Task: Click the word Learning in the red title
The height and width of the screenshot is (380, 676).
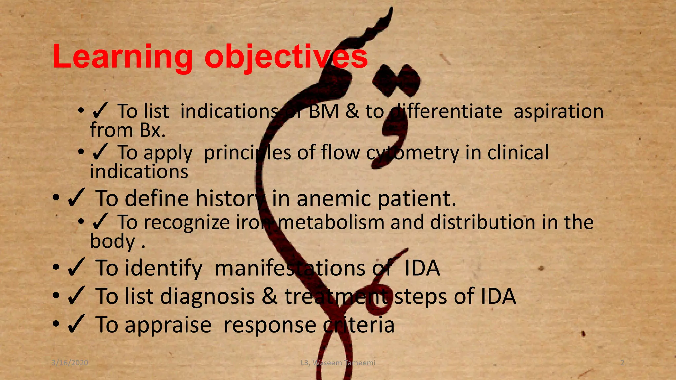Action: pyautogui.click(x=122, y=57)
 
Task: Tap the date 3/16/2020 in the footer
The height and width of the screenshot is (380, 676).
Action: pyautogui.click(x=70, y=363)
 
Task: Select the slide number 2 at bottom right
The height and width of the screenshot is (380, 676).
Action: pyautogui.click(x=622, y=363)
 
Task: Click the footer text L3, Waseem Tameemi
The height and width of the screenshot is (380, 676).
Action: pyautogui.click(x=338, y=363)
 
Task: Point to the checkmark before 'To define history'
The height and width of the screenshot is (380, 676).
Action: pyautogui.click(x=77, y=198)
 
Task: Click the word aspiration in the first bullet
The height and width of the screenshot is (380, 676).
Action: pyautogui.click(x=558, y=111)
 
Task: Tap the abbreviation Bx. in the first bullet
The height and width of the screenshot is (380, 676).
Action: pyautogui.click(x=152, y=130)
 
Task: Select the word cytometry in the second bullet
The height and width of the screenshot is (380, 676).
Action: pyautogui.click(x=413, y=153)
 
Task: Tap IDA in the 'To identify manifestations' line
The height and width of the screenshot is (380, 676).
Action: pyautogui.click(x=422, y=268)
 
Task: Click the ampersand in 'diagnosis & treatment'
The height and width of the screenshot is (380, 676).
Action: pyautogui.click(x=270, y=296)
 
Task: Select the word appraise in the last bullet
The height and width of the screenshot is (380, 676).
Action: pyautogui.click(x=168, y=325)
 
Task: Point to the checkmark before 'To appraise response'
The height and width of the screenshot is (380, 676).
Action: pyautogui.click(x=77, y=325)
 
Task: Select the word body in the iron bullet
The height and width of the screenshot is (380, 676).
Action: pyautogui.click(x=112, y=241)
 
